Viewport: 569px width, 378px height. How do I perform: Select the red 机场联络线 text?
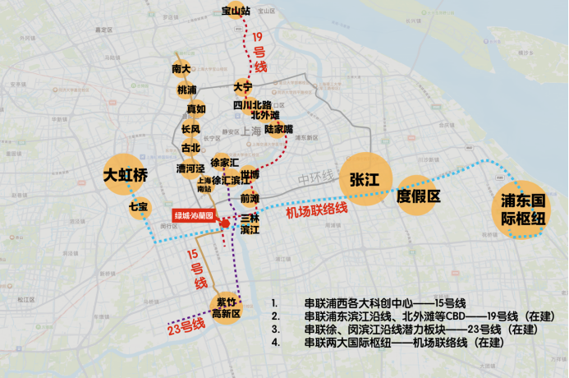[316, 210]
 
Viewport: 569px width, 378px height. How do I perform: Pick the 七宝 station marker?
[137, 207]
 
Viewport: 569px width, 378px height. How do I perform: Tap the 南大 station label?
[181, 69]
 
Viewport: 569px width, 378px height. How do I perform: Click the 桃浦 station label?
[186, 90]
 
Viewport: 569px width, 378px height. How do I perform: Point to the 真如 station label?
[195, 108]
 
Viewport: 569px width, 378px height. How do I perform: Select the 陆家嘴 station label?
[279, 129]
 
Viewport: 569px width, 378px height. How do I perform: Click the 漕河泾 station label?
[190, 168]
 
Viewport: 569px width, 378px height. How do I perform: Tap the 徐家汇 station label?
[224, 163]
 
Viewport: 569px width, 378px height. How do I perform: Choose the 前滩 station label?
[250, 198]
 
